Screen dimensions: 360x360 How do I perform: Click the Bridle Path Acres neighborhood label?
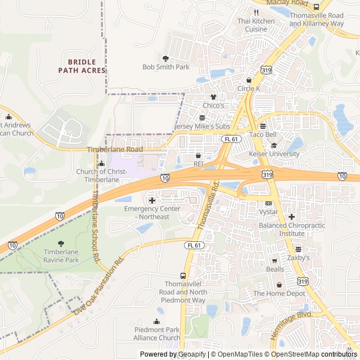pyautogui.click(x=82, y=66)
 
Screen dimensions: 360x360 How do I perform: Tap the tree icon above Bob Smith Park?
pyautogui.click(x=165, y=58)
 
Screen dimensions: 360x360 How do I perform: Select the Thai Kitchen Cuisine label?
pyautogui.click(x=256, y=25)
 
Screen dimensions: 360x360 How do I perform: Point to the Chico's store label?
pyautogui.click(x=213, y=105)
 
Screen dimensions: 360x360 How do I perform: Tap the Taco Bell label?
pyautogui.click(x=263, y=135)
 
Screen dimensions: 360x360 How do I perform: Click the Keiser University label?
pyautogui.click(x=274, y=154)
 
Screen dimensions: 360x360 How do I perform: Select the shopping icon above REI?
pyautogui.click(x=198, y=155)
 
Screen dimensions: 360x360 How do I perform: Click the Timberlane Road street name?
pyautogui.click(x=115, y=150)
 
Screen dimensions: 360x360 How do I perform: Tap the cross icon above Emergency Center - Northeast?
pyautogui.click(x=152, y=200)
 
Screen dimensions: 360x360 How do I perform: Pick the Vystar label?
pyautogui.click(x=268, y=212)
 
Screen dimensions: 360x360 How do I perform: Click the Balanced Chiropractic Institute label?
pyautogui.click(x=291, y=229)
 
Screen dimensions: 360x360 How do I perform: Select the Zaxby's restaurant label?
pyautogui.click(x=298, y=258)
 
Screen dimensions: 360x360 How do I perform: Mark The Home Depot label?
pyautogui.click(x=279, y=293)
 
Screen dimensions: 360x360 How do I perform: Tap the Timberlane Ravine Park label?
pyautogui.click(x=61, y=256)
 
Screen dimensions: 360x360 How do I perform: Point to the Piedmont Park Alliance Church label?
pyautogui.click(x=157, y=334)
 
